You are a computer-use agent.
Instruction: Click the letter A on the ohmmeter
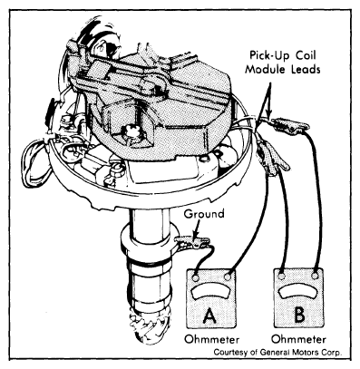[209, 316]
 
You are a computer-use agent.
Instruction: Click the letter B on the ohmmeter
[298, 315]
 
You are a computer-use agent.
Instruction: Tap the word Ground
[204, 214]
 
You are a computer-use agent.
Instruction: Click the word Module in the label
[265, 70]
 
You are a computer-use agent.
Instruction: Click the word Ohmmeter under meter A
[212, 339]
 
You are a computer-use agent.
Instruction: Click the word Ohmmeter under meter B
[299, 339]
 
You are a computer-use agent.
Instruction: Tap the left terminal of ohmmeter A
[195, 277]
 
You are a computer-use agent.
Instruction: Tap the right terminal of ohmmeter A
[228, 277]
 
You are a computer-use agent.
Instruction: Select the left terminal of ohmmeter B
[282, 277]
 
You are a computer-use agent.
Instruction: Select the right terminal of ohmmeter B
[316, 276]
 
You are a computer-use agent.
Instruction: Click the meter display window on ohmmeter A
[211, 292]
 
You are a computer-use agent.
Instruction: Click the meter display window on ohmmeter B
[298, 291]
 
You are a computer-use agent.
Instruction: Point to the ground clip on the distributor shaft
[193, 242]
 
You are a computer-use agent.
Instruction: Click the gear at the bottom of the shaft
[149, 328]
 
